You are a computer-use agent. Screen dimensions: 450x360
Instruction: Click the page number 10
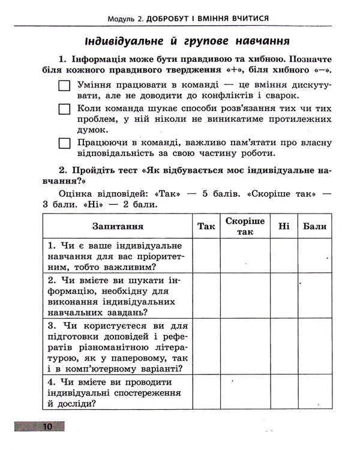[x=47, y=427]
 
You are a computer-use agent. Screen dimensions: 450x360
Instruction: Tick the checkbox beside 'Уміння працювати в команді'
[x=65, y=86]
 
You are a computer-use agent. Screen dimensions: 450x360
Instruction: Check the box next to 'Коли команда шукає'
[x=65, y=109]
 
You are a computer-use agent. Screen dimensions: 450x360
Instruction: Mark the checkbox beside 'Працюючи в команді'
[x=65, y=143]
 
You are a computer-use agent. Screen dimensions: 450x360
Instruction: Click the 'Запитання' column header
[x=118, y=226]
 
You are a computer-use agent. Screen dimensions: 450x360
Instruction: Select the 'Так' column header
[x=206, y=226]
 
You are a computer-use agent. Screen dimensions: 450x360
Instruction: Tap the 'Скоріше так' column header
[x=245, y=226]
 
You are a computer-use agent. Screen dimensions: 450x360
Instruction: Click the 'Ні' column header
[x=284, y=226]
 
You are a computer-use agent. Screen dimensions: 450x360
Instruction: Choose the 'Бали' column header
[x=315, y=226]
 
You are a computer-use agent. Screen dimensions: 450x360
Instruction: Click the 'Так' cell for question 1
[x=206, y=256]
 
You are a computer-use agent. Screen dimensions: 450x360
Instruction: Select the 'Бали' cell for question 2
[x=315, y=296]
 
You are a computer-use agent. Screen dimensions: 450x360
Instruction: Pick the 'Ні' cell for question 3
[x=284, y=346]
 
